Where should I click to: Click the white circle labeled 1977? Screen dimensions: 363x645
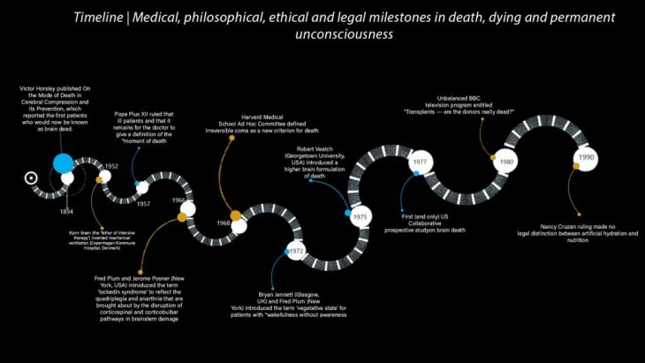point(421,163)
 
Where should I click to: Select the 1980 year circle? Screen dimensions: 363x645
point(505,163)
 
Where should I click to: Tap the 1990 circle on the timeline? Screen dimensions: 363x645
point(587,157)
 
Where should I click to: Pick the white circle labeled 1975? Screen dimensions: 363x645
point(359,216)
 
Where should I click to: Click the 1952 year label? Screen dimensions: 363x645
point(111,166)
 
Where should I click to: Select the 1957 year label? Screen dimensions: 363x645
point(143,203)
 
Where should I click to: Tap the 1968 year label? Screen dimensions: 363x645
point(223,223)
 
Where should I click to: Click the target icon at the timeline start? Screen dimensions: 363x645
point(32,177)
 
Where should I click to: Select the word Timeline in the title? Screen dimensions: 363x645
point(98,18)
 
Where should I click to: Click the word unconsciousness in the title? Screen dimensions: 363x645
point(344,35)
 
